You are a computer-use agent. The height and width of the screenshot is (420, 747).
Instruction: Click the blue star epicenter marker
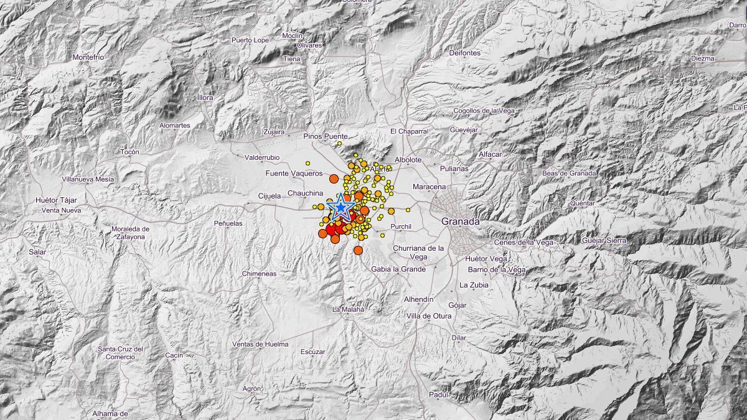(x=341, y=207)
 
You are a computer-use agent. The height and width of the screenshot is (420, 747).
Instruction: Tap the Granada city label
(x=460, y=222)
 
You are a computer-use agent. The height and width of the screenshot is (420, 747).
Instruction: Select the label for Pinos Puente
(x=326, y=136)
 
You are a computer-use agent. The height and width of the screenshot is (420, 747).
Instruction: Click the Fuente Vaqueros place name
(x=294, y=174)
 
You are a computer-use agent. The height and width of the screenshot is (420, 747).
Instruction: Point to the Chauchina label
(x=306, y=194)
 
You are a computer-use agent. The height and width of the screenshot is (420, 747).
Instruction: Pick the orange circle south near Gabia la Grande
(x=358, y=250)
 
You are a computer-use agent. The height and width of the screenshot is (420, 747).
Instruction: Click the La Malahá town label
(x=348, y=309)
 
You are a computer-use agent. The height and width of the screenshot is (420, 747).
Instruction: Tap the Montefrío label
(x=88, y=57)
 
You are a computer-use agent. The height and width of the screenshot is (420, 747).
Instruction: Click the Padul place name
(x=439, y=394)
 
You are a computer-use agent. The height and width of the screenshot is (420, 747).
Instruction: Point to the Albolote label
(x=408, y=160)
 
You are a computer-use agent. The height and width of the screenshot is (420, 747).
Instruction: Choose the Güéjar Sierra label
(x=604, y=240)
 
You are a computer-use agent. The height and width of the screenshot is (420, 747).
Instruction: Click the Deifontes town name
(x=464, y=54)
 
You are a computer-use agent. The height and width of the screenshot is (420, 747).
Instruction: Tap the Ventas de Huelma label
(x=260, y=344)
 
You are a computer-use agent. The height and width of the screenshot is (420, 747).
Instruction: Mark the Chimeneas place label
(x=260, y=273)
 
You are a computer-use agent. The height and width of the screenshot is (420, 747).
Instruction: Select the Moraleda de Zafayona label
(x=131, y=233)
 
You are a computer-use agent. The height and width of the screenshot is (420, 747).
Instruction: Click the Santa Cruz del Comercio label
(x=121, y=353)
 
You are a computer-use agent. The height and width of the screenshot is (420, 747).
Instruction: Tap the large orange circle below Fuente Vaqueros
(x=333, y=179)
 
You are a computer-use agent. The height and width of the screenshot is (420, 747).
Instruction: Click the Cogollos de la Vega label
(x=484, y=111)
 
